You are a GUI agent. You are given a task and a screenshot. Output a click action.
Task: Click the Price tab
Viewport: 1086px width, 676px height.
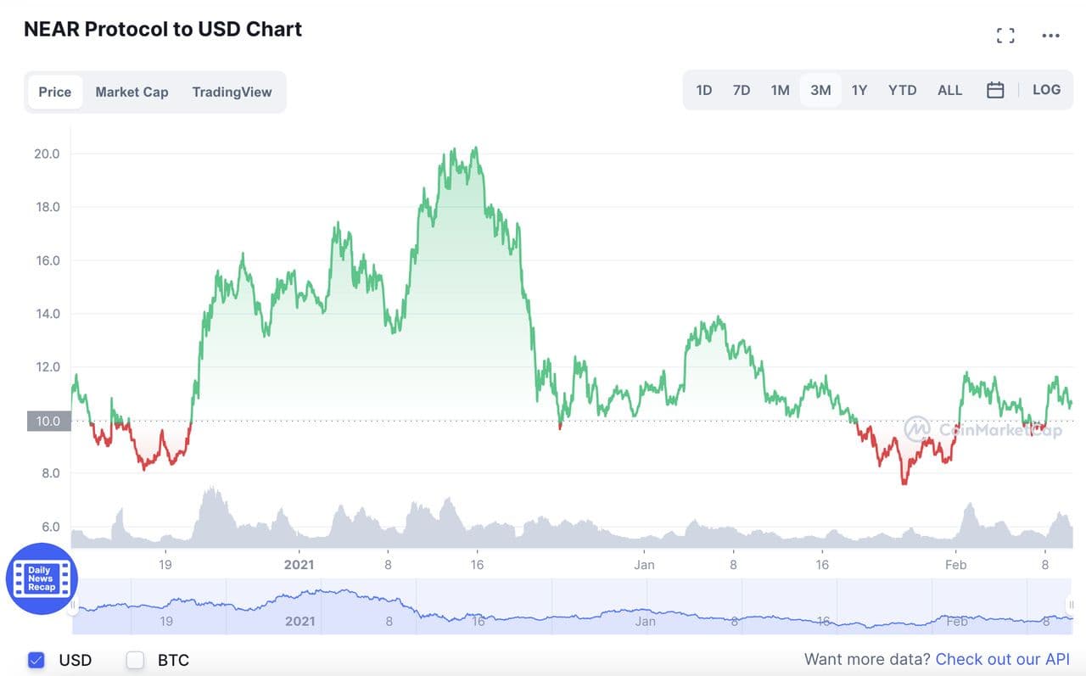[55, 92]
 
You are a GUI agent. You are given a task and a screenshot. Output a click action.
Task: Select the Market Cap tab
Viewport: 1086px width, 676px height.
[132, 92]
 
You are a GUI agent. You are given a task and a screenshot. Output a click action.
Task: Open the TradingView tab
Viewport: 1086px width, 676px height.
[232, 92]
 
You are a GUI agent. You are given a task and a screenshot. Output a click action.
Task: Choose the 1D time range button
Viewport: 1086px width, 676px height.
[704, 90]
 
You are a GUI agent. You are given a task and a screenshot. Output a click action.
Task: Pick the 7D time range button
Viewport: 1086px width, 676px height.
[742, 90]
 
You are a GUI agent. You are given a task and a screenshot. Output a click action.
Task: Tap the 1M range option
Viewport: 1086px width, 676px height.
[780, 90]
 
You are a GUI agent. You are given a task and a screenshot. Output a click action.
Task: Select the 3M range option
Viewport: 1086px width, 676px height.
[820, 90]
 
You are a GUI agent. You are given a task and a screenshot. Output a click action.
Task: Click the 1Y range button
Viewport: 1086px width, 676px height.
[859, 90]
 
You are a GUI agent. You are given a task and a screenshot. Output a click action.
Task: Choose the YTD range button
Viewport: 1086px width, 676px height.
[902, 90]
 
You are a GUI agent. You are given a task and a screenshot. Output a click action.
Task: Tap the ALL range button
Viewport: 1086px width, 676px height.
[949, 90]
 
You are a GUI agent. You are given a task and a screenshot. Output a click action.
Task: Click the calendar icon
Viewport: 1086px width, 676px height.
[995, 90]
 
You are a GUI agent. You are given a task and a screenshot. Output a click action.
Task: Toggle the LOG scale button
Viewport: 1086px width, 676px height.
[1046, 90]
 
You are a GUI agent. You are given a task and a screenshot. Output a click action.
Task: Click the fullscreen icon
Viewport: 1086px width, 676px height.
[1005, 36]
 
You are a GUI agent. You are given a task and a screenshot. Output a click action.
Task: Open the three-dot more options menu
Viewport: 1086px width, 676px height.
[1050, 36]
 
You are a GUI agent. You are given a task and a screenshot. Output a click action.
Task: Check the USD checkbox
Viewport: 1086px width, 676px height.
[36, 660]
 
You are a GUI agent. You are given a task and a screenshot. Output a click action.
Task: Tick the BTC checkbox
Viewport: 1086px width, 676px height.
[135, 660]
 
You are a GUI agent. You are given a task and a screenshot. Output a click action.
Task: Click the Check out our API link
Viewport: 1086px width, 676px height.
[1002, 659]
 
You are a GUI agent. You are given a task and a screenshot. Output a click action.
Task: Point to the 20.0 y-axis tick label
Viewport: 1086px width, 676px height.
[47, 154]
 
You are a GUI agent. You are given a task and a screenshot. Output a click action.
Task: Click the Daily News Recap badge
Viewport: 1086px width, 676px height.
[42, 578]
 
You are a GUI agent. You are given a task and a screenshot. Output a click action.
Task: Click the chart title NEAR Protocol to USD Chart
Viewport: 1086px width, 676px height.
[163, 29]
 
